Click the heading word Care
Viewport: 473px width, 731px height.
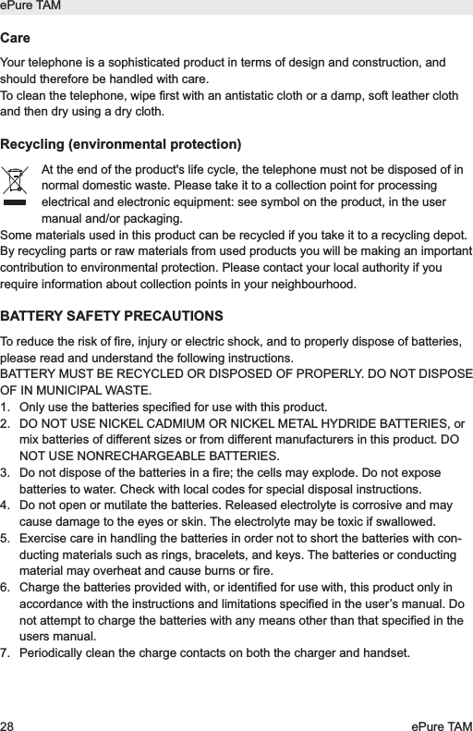tap(15, 40)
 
